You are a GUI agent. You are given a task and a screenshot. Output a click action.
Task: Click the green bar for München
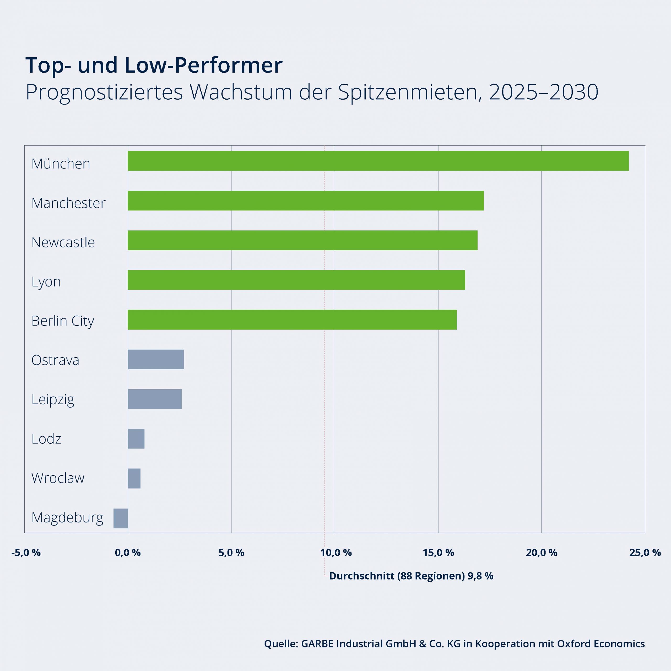point(378,161)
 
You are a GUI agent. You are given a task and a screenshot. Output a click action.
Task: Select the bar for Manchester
point(306,201)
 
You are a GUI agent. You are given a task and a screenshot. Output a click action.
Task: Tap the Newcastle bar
point(302,240)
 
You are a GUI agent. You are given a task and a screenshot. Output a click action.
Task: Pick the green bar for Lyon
point(296,280)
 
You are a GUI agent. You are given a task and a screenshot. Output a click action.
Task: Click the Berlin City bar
point(292,320)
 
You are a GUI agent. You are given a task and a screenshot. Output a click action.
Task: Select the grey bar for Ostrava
point(156,359)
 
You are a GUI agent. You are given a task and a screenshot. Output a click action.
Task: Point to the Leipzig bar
point(155,399)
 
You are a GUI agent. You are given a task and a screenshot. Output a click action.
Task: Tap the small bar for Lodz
point(136,439)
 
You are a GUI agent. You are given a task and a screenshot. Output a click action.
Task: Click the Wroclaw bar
point(134,478)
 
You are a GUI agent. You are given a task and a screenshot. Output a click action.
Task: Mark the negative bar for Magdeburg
point(121,518)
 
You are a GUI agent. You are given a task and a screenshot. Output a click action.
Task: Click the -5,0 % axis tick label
point(26,553)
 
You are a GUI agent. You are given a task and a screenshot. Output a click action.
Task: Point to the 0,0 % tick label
point(128,553)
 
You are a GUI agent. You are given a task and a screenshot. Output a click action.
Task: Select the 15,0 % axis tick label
point(438,553)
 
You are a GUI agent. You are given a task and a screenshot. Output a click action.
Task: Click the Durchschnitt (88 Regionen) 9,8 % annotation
point(411,576)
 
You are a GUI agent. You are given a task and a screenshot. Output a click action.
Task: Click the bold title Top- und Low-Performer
point(154,65)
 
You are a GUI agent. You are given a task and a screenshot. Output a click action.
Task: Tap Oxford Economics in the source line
point(600,643)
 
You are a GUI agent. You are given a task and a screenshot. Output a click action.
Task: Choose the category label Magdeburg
point(67,517)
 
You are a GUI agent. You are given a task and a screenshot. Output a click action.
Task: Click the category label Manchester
point(68,203)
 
